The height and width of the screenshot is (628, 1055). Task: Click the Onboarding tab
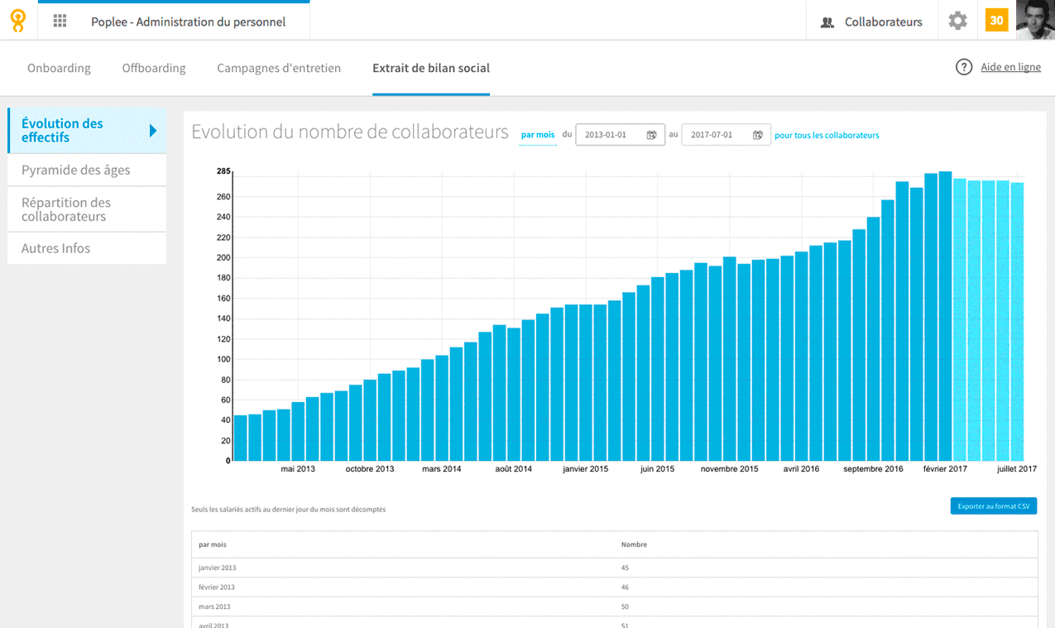coord(59,68)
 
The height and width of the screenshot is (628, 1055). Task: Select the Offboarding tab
coord(154,68)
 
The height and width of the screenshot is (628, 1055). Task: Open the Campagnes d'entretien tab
coord(279,68)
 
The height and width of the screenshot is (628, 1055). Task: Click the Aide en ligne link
coord(1010,67)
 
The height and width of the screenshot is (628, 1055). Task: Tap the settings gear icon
coord(957,20)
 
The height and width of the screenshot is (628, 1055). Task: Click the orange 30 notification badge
coord(996,20)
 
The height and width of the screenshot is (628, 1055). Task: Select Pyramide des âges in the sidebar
coord(76,170)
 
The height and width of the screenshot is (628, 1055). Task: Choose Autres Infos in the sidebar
coord(55,248)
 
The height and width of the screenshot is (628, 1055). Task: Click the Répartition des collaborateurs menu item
coord(66,209)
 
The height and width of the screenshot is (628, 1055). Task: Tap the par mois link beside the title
coord(538,135)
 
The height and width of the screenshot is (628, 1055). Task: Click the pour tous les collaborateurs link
coord(827,135)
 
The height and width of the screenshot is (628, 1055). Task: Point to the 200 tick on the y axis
coord(223,257)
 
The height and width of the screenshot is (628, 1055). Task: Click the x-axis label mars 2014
coord(441,469)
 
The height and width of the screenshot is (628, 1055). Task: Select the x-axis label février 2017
coord(945,469)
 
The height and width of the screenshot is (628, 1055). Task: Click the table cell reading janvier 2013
coord(217,568)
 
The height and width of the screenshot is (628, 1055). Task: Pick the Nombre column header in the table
coord(634,544)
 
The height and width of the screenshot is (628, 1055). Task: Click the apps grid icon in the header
coord(60,21)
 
